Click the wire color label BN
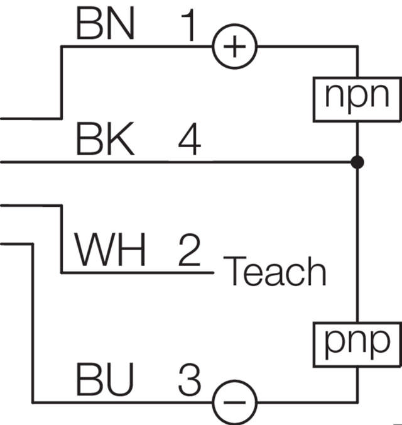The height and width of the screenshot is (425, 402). [x=104, y=24]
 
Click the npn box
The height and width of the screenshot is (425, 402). [x=356, y=98]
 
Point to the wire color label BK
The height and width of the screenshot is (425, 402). [x=104, y=139]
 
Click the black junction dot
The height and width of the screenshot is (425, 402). [x=357, y=162]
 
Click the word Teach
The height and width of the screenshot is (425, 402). [x=275, y=272]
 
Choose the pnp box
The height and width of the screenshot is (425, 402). [x=356, y=343]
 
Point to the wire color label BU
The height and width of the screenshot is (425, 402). [x=104, y=379]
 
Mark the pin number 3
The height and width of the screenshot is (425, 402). [x=188, y=379]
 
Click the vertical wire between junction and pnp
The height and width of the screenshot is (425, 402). [x=357, y=245]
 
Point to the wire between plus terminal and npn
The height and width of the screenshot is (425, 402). [x=308, y=47]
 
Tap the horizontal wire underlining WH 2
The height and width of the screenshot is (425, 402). [x=138, y=273]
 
